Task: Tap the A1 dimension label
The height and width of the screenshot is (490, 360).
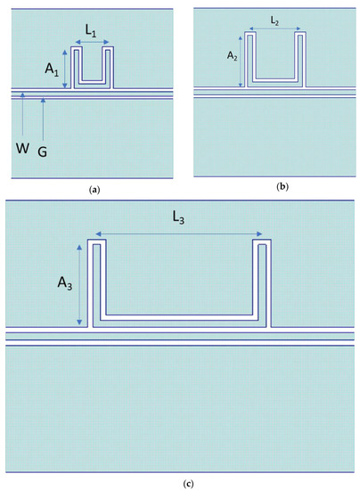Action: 51,67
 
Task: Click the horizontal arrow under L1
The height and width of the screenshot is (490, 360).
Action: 92,42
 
